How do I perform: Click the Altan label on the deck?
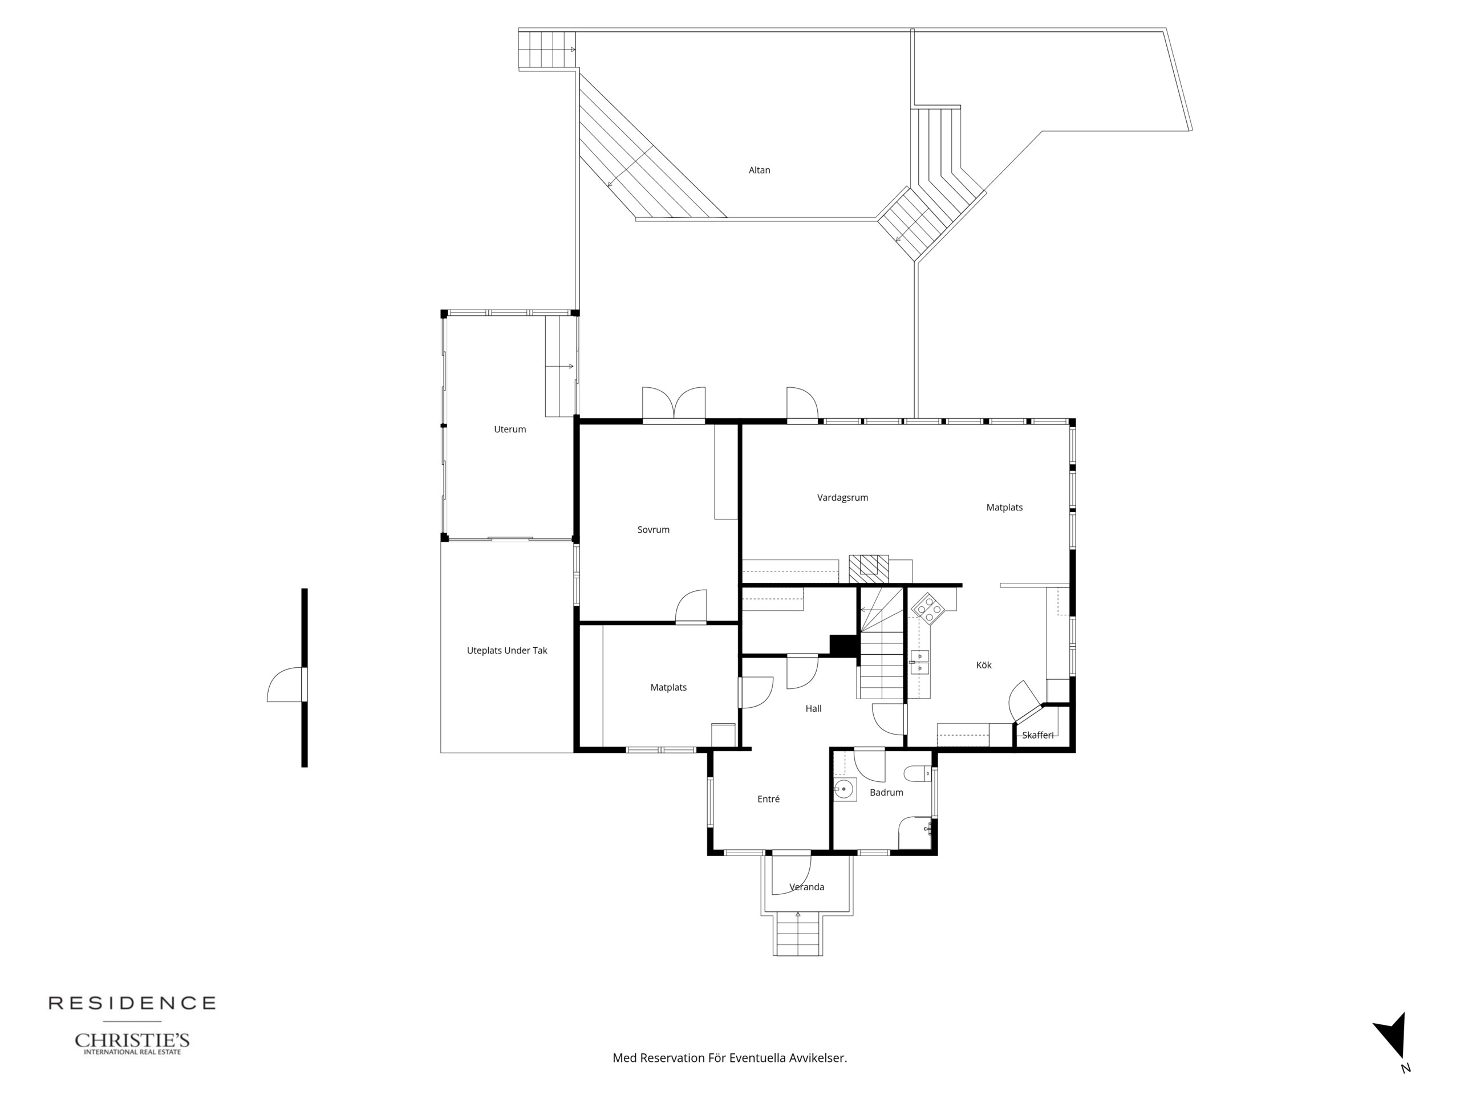pyautogui.click(x=759, y=171)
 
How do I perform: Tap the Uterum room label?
pyautogui.click(x=509, y=429)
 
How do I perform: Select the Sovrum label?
pyautogui.click(x=654, y=530)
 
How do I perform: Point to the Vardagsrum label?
pyautogui.click(x=842, y=498)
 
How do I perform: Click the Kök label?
pyautogui.click(x=983, y=666)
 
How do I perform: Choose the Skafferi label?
pyautogui.click(x=1037, y=735)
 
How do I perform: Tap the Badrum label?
pyautogui.click(x=886, y=793)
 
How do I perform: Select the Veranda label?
pyautogui.click(x=806, y=887)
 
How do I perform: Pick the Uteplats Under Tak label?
pyautogui.click(x=507, y=651)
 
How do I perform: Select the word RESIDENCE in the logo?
pyautogui.click(x=132, y=1003)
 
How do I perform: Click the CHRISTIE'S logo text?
pyautogui.click(x=132, y=1041)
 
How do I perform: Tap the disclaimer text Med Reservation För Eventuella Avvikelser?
pyautogui.click(x=730, y=1058)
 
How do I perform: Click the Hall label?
pyautogui.click(x=813, y=709)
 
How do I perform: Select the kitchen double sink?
pyautogui.click(x=919, y=662)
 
